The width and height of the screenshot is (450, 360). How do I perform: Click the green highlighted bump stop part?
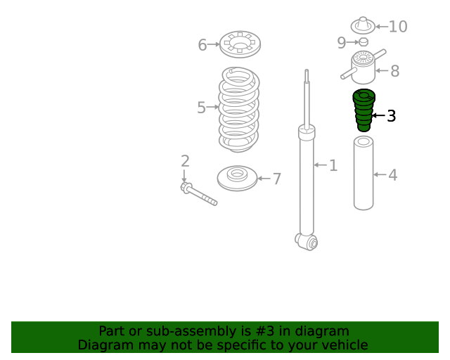(x=364, y=110)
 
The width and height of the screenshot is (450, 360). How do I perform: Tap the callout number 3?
(x=392, y=116)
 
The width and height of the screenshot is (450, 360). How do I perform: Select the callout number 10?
(x=398, y=27)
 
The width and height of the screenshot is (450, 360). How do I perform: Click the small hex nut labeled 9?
(x=364, y=42)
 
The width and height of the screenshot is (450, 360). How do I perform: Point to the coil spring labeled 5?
(x=239, y=110)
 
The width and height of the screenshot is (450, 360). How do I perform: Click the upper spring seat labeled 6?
(x=240, y=44)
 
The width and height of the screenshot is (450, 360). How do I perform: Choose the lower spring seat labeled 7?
(x=237, y=179)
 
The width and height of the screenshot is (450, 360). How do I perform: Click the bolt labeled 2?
(x=198, y=194)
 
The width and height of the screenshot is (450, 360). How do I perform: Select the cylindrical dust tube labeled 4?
(x=364, y=173)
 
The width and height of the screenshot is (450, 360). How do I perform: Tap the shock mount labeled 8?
(x=364, y=67)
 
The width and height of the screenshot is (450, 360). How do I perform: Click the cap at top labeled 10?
(x=363, y=25)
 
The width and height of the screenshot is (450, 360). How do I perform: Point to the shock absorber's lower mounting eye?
(x=307, y=242)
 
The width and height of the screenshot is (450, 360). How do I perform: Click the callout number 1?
(x=333, y=166)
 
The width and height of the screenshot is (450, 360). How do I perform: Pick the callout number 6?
(x=202, y=45)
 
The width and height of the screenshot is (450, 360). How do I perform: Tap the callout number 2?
(x=185, y=161)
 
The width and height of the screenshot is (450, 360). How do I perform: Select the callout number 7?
(x=276, y=179)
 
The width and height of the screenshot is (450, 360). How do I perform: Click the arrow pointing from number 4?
(x=380, y=174)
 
